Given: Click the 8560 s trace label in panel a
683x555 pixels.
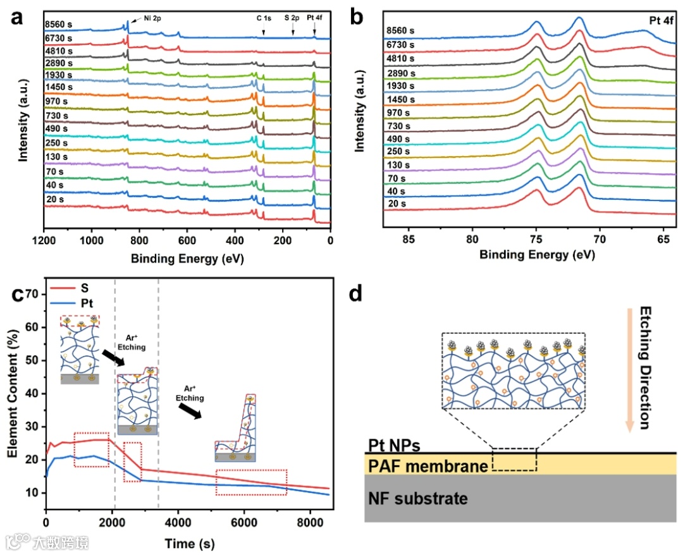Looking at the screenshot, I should [59, 26].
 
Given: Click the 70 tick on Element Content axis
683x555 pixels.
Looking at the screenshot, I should [34, 295].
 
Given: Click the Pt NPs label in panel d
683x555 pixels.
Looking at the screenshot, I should [393, 446].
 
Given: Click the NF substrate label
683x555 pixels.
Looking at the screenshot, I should [418, 498].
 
